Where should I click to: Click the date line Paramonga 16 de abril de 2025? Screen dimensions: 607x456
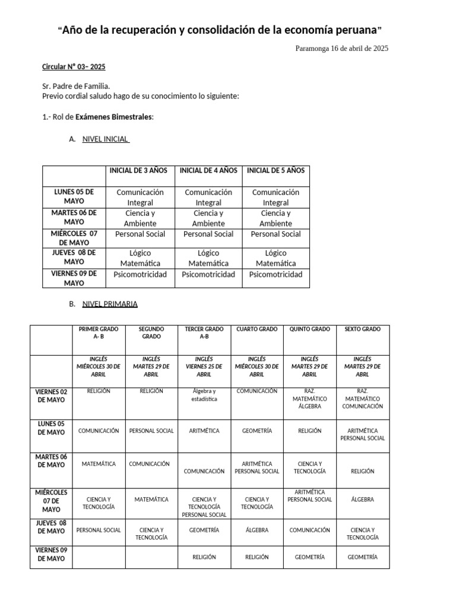coord(341,49)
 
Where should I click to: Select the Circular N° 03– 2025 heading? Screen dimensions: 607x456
coord(74,67)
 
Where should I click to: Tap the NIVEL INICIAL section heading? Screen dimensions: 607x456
coord(105,139)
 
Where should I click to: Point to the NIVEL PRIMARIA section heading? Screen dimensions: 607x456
coord(110,304)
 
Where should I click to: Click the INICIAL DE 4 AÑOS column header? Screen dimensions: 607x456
coord(208,170)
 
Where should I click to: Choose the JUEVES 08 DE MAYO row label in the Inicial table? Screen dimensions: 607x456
coord(74,257)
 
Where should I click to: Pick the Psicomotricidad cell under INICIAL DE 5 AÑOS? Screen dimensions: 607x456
coord(275,274)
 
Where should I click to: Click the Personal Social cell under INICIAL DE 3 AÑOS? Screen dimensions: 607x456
coord(141,234)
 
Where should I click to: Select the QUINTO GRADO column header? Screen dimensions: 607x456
coord(309,329)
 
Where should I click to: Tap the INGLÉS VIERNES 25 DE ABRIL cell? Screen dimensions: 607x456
coord(204,366)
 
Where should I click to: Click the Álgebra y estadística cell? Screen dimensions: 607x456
coord(204,395)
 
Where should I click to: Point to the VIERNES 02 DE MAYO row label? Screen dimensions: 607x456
coord(51,395)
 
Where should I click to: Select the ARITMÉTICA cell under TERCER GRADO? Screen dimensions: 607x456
coord(204,431)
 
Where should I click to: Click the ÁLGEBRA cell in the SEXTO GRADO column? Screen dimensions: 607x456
coord(362,500)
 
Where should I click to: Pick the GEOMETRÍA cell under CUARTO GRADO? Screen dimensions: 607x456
coord(256,431)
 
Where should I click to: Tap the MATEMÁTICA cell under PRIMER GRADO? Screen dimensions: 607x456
coord(99,464)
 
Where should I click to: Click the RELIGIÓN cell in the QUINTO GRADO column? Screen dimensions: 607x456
coord(309,431)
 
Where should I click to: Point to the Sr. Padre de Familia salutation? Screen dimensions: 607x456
coord(76,86)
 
